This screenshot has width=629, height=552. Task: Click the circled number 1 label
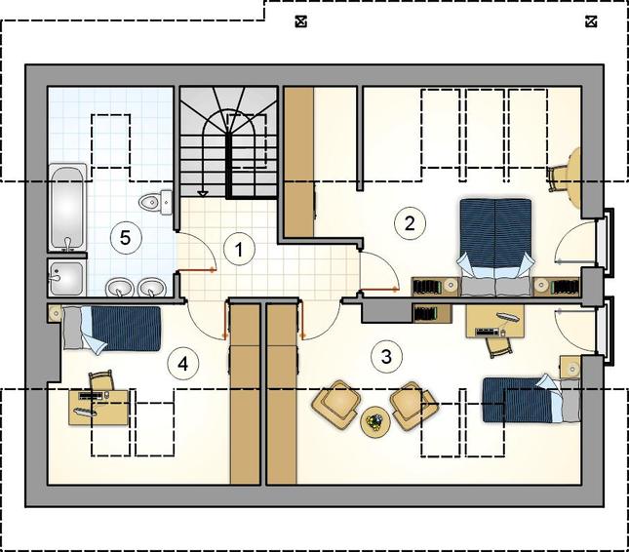click(x=239, y=250)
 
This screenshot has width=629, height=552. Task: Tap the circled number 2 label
click(x=410, y=223)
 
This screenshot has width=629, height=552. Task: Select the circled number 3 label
click(x=387, y=356)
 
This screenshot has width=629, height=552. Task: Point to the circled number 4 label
click(x=183, y=364)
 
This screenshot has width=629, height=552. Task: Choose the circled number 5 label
click(x=126, y=238)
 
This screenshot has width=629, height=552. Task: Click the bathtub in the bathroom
click(x=68, y=208)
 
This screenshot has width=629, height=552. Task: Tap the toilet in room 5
click(x=156, y=202)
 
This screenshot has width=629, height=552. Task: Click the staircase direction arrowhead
click(x=204, y=194)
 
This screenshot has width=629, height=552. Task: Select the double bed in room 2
click(x=495, y=247)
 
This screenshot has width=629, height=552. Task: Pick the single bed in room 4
click(x=111, y=330)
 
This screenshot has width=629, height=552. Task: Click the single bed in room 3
click(x=531, y=399)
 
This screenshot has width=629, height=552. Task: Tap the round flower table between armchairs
click(x=375, y=422)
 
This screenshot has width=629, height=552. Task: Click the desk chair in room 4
click(x=100, y=380)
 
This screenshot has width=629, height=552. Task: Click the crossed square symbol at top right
click(x=591, y=21)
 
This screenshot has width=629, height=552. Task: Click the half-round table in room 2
click(x=573, y=178)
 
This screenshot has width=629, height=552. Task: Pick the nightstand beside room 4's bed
click(x=55, y=313)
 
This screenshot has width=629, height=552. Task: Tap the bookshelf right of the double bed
click(x=557, y=287)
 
